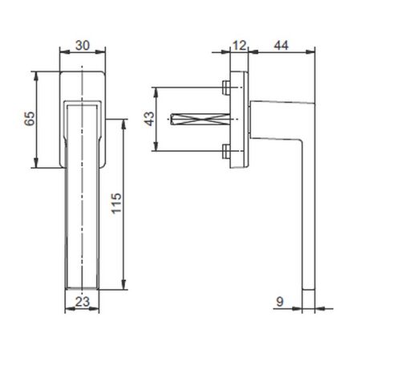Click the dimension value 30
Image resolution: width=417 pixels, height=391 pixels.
pos(83,45)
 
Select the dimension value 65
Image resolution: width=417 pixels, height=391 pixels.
pos(30,119)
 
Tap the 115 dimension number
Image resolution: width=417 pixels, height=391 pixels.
pos(116,203)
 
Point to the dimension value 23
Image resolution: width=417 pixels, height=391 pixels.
pos(82,302)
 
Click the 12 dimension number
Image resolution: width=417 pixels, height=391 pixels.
pos(239,46)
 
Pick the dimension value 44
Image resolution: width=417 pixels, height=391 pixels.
pos(281,45)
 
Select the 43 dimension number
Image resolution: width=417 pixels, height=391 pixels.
pos(149,119)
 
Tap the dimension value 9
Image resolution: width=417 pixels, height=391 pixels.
pos(280,302)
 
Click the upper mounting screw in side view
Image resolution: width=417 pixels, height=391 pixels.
pos(226,88)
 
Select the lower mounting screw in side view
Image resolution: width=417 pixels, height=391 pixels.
pos(226,151)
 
